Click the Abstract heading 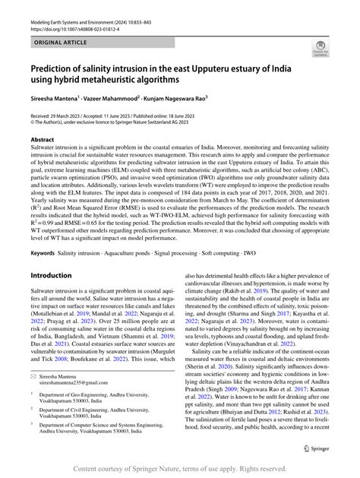click(42, 141)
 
